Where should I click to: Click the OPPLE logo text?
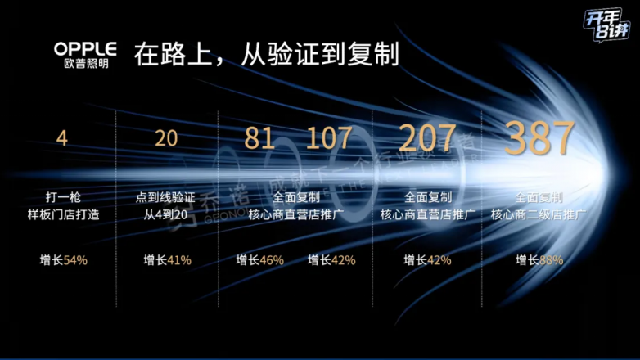click(x=85, y=47)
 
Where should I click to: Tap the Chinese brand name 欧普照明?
click(x=85, y=63)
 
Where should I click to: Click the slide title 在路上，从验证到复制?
click(x=266, y=54)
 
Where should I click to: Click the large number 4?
click(x=61, y=137)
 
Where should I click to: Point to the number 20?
click(x=166, y=137)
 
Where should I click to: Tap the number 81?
click(x=260, y=138)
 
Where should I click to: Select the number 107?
click(x=329, y=138)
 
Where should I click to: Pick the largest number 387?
click(x=539, y=137)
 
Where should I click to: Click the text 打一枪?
click(x=63, y=197)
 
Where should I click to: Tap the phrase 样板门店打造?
click(x=63, y=214)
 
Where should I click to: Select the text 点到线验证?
click(x=167, y=197)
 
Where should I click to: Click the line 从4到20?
click(x=167, y=214)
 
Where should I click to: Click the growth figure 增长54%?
click(x=63, y=260)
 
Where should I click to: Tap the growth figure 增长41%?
click(x=167, y=260)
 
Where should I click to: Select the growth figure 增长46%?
click(x=260, y=260)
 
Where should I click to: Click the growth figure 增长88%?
click(x=539, y=260)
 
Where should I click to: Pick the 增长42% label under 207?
click(x=427, y=260)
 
